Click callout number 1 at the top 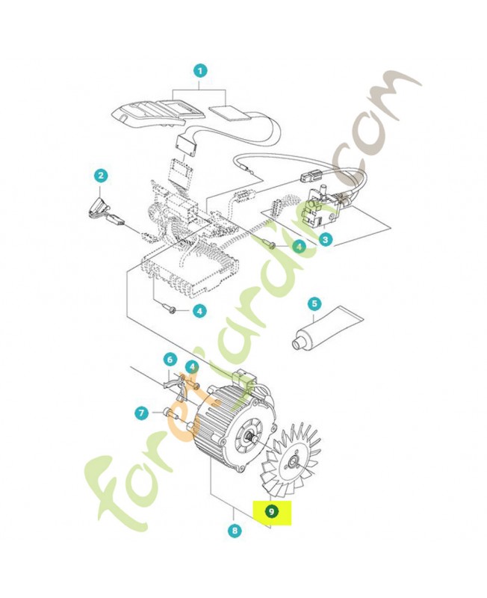(x=199, y=71)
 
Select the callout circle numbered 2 (x=101, y=176)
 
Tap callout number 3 (x=326, y=239)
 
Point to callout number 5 (x=314, y=303)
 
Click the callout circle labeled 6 (x=170, y=360)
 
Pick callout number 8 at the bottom (x=236, y=531)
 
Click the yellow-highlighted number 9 (x=272, y=511)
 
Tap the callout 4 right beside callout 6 (x=192, y=367)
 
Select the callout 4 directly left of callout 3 (x=298, y=246)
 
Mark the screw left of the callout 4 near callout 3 (x=271, y=245)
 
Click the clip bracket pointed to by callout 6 (x=173, y=383)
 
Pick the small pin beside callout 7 (x=167, y=411)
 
